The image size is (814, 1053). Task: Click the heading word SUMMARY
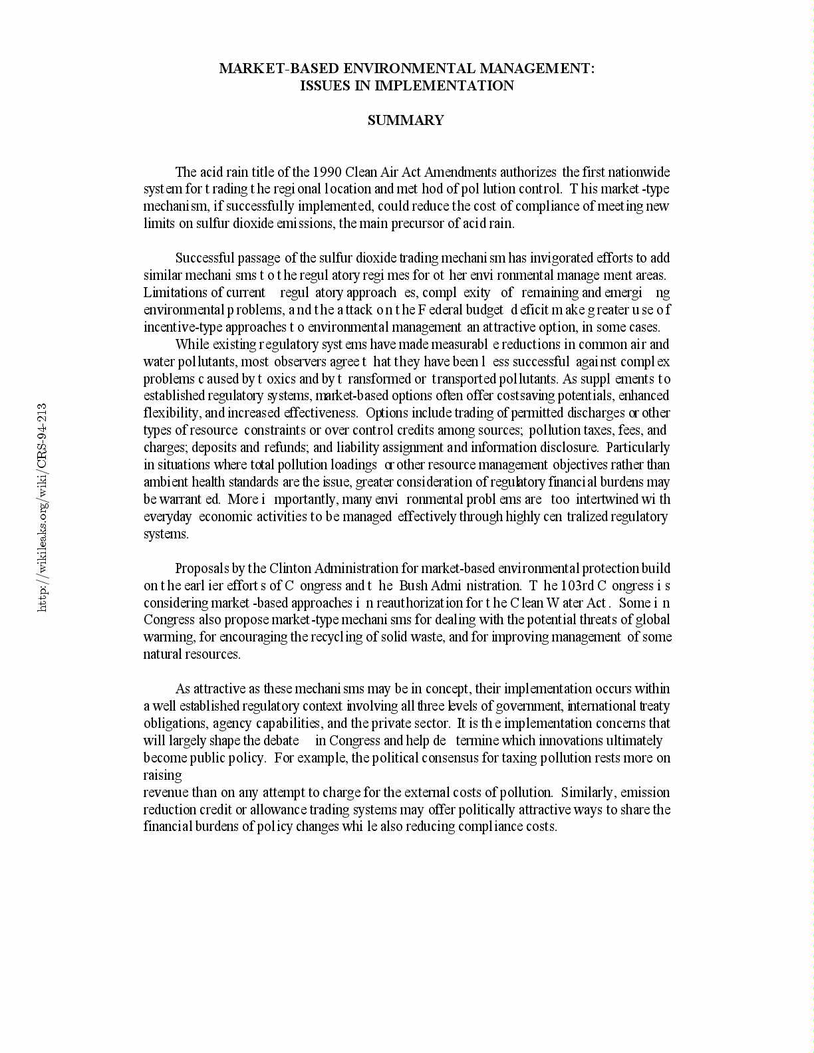pyautogui.click(x=406, y=120)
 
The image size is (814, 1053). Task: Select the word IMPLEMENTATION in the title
pyautogui.click(x=445, y=86)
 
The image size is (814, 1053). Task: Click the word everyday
pyautogui.click(x=168, y=517)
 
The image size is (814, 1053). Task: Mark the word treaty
pyautogui.click(x=654, y=706)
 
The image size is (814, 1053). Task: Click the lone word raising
pyautogui.click(x=163, y=775)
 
